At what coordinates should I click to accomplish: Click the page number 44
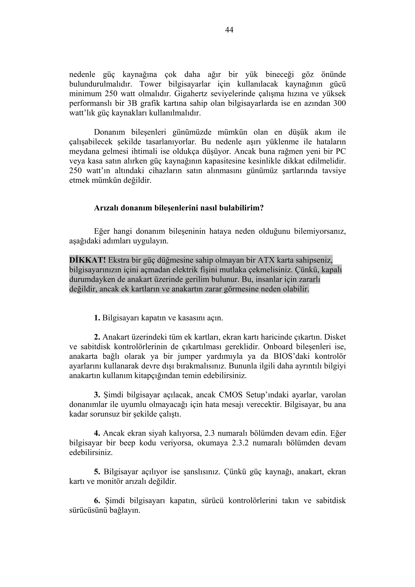pos(229,30)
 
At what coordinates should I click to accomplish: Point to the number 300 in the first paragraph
pos(340,103)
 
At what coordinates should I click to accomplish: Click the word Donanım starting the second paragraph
pos(109,132)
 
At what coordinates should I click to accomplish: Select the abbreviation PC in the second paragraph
pos(341,151)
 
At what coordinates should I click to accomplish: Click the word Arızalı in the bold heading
pos(106,208)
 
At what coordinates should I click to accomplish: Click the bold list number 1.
pos(97,318)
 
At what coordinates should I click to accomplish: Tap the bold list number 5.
pos(97,472)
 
